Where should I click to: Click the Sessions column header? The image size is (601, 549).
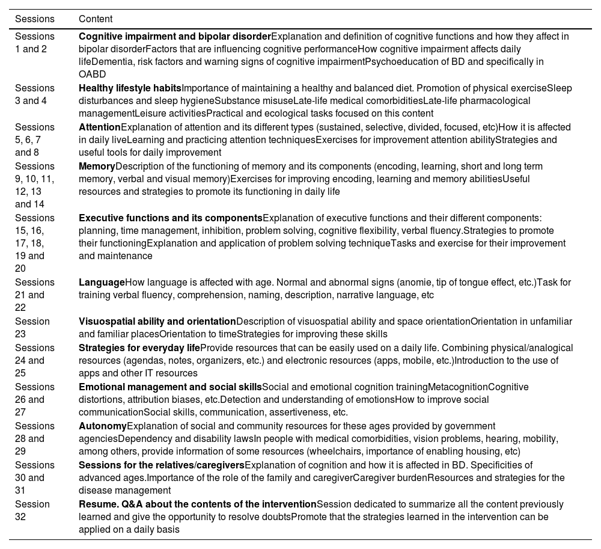tap(34, 19)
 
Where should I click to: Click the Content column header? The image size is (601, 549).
tap(96, 19)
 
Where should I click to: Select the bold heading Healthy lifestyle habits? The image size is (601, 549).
tap(130, 88)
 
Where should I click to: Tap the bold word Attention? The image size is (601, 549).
tap(100, 127)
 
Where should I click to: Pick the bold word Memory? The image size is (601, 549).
tap(97, 167)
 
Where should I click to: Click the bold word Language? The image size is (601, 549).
tap(102, 283)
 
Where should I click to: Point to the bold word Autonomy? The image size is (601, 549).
tap(103, 426)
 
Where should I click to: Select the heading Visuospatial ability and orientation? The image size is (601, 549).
tap(157, 322)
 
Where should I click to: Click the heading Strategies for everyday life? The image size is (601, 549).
tap(139, 348)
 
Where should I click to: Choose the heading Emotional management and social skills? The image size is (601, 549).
tap(170, 387)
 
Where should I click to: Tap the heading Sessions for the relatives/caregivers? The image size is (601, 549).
tap(162, 465)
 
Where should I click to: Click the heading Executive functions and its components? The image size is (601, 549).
tap(171, 218)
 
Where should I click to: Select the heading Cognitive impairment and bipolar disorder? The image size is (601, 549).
tap(175, 37)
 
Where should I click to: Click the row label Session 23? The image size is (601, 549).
tap(32, 328)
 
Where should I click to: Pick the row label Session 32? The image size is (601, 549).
tap(32, 511)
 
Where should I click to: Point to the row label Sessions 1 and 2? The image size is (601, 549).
tap(34, 43)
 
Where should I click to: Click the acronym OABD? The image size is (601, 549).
tap(92, 75)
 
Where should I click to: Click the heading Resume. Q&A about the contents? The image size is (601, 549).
tap(197, 505)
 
